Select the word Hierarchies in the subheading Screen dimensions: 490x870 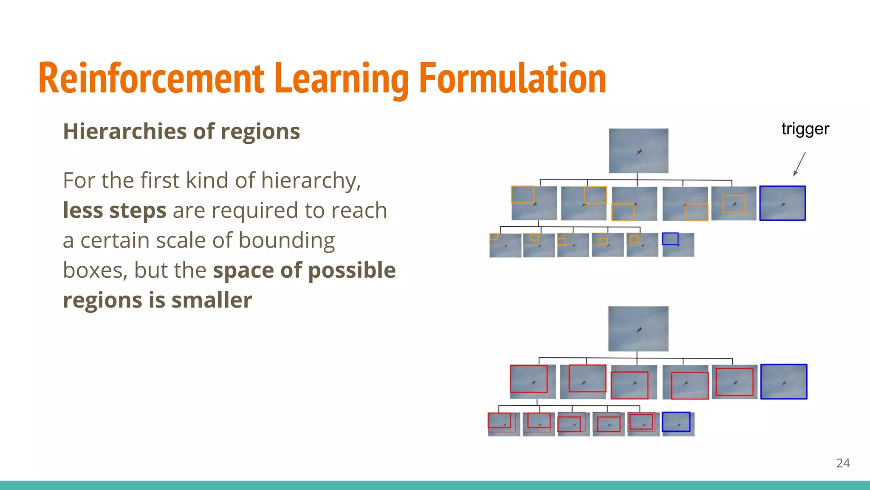124,131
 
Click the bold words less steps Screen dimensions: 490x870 114,211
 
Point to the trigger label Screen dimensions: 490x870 805,129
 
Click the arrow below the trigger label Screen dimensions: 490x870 799,164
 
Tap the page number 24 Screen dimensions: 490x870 843,463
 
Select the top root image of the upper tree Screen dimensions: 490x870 638,151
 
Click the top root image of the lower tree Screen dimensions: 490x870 638,329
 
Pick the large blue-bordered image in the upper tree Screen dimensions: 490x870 782,203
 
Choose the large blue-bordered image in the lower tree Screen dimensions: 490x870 783,382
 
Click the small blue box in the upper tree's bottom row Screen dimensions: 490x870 670,239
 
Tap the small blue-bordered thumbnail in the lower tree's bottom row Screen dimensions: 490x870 676,422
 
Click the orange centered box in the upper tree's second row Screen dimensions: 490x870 734,204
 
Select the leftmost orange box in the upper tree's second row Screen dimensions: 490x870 523,194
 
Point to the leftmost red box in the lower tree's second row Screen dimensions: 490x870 528,379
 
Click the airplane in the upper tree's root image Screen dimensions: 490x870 639,152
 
